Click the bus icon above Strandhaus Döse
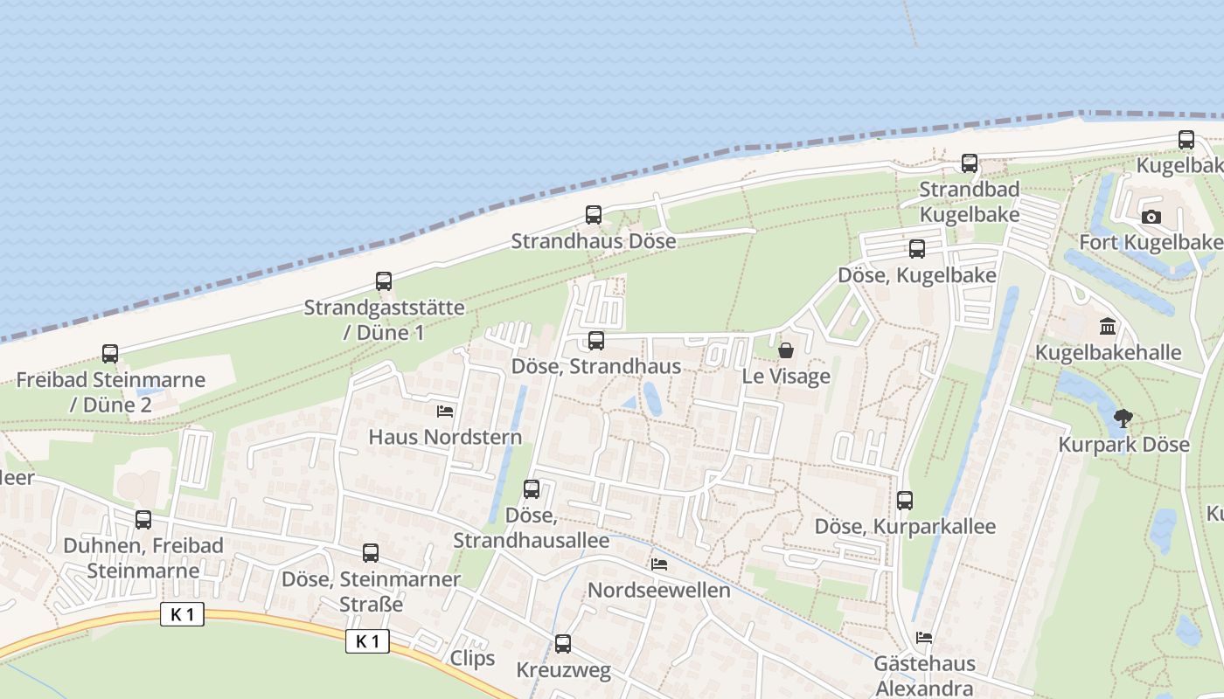click(x=594, y=215)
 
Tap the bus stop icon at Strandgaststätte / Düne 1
click(x=384, y=281)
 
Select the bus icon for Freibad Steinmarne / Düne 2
click(x=110, y=354)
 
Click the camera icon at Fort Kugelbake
click(x=1151, y=217)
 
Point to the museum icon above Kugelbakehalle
click(x=1109, y=328)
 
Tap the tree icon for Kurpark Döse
click(x=1123, y=419)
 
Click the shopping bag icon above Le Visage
click(x=786, y=351)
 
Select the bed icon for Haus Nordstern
click(x=445, y=411)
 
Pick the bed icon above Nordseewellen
click(x=659, y=564)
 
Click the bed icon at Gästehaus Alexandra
click(x=924, y=638)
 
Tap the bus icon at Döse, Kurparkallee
click(x=905, y=501)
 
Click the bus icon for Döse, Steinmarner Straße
click(x=371, y=553)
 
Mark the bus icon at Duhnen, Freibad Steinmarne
click(x=143, y=520)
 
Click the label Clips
click(x=472, y=658)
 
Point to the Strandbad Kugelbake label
click(x=970, y=202)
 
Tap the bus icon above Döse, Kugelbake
click(x=917, y=249)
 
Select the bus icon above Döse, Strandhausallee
click(x=532, y=489)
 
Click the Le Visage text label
click(x=786, y=377)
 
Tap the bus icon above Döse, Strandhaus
click(x=596, y=341)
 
